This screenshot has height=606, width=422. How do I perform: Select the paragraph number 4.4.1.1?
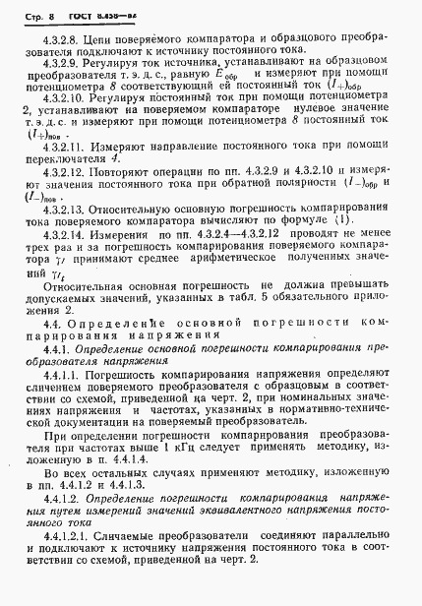(x=64, y=391)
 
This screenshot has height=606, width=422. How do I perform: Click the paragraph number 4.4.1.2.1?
(x=72, y=573)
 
